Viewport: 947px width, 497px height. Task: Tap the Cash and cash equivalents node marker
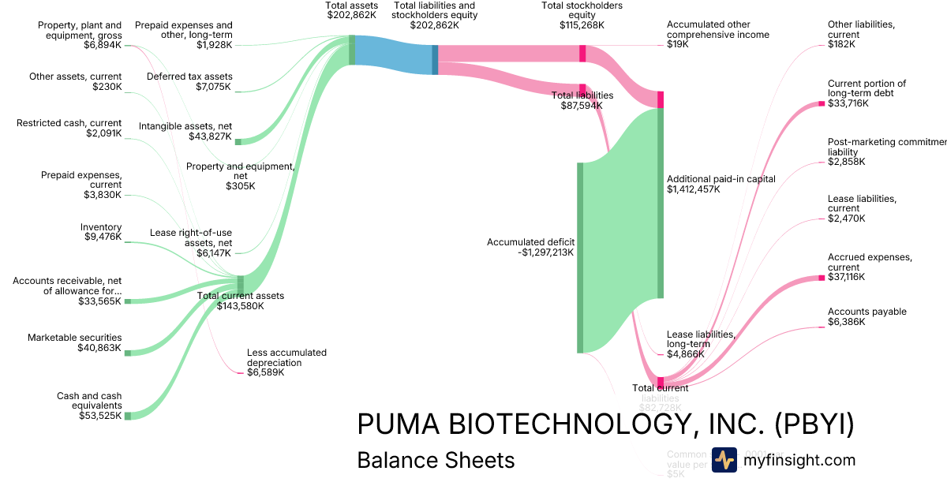127,415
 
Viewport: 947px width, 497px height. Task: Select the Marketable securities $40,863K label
75,343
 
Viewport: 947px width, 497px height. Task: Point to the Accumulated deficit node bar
580,257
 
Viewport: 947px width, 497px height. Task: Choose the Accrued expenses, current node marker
822,278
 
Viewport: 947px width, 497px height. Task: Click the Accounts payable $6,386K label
867,316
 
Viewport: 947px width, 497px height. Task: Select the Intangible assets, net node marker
238,141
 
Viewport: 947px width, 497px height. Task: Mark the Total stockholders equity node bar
582,54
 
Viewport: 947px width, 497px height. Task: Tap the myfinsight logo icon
724,460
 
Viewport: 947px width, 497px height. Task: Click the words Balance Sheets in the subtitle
436,460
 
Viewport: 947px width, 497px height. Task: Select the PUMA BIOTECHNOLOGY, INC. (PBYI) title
605,424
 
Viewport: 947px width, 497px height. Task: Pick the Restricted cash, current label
69,129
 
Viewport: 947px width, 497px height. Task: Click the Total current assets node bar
241,284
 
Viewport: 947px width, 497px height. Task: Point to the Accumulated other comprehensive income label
717,35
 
